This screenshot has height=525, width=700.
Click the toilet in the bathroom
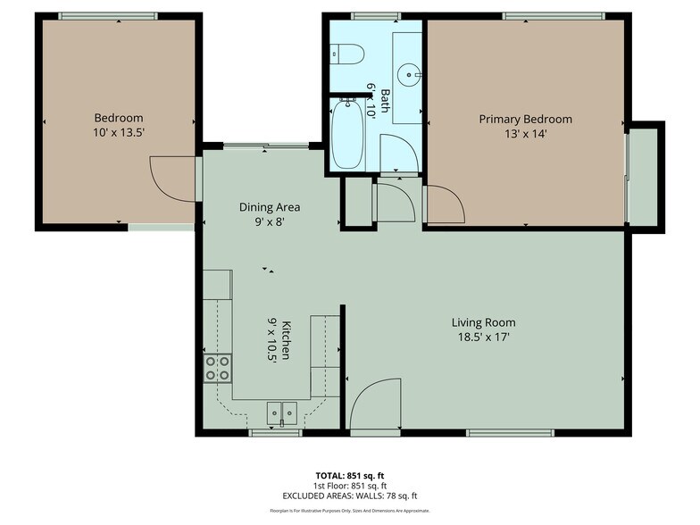(x=347, y=53)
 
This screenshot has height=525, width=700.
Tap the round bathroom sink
(x=408, y=72)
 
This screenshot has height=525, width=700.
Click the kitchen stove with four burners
(x=218, y=368)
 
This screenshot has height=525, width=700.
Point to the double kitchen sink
(x=283, y=412)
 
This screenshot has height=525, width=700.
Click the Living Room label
(x=483, y=322)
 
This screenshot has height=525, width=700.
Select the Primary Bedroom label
(x=525, y=119)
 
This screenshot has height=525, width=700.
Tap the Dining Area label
(x=269, y=207)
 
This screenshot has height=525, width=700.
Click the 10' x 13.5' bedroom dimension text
(x=119, y=132)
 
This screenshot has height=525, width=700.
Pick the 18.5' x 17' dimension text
(x=483, y=337)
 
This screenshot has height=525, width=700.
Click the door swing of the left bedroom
(x=171, y=179)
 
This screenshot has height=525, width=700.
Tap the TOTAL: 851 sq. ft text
(x=349, y=475)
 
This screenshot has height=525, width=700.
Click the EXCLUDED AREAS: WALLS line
(x=349, y=496)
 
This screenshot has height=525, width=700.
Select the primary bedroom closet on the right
(x=644, y=177)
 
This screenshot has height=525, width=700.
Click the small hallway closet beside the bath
(x=359, y=202)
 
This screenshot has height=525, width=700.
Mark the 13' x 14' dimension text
(x=525, y=134)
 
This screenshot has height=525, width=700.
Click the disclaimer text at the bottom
(x=349, y=511)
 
